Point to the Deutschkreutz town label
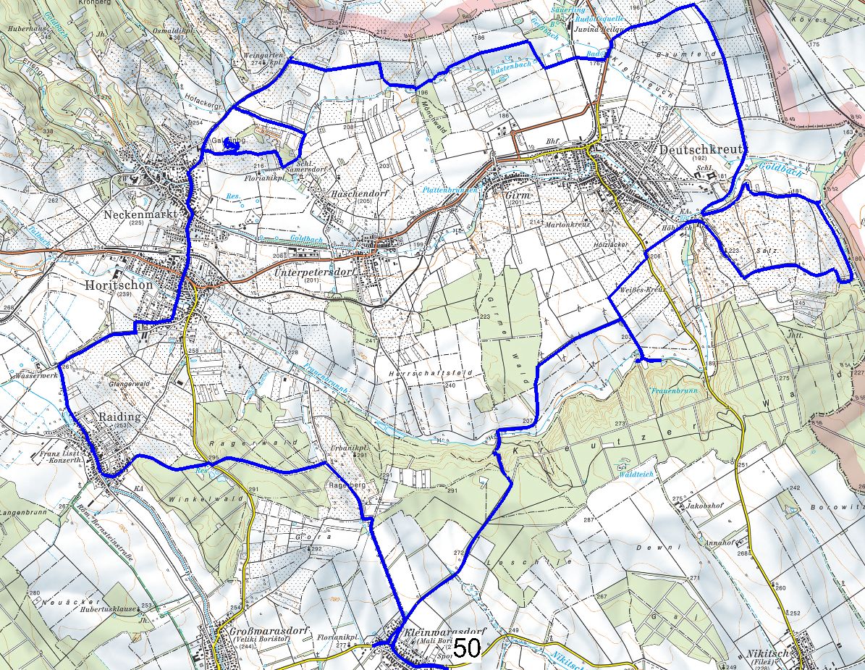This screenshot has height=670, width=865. [701, 149]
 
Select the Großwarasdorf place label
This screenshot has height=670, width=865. [259, 632]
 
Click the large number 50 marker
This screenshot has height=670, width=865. [468, 648]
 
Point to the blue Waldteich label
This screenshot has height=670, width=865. [636, 473]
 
